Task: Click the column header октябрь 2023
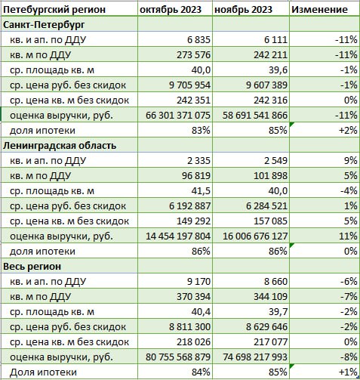(x=171, y=10)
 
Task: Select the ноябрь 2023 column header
(x=243, y=10)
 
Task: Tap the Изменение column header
(x=319, y=10)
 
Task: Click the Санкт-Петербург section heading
(x=44, y=25)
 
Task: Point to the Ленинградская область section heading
(x=60, y=146)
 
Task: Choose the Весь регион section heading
(x=32, y=267)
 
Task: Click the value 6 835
(x=198, y=40)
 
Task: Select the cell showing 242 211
(x=270, y=55)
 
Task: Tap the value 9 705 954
(x=189, y=85)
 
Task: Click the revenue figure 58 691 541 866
(x=255, y=116)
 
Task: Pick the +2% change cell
(x=348, y=131)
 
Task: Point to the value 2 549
(x=275, y=161)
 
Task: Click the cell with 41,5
(x=201, y=191)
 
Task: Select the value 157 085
(x=270, y=221)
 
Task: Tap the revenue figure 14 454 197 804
(x=178, y=236)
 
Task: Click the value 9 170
(x=198, y=282)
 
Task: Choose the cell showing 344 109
(x=270, y=297)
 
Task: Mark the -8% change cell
(x=349, y=357)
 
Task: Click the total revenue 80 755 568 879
(x=178, y=357)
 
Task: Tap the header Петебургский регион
(x=54, y=10)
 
